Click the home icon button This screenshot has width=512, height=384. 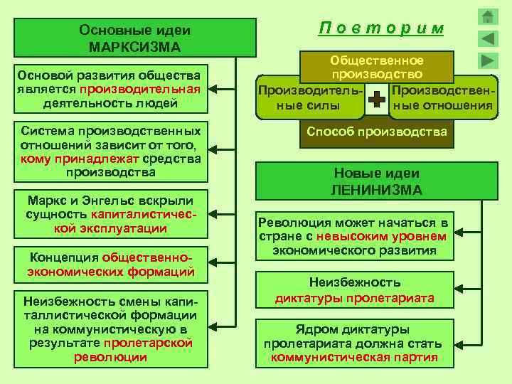489,17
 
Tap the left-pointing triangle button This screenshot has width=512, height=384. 489,38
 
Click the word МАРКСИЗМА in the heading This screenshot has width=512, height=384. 135,47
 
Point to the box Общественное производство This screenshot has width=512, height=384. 377,67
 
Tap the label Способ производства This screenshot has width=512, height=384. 377,132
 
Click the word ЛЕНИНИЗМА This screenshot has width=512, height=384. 377,190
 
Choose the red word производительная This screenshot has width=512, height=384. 140,90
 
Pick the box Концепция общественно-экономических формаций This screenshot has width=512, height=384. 110,264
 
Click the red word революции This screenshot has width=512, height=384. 110,357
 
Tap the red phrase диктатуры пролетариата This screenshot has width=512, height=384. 354,298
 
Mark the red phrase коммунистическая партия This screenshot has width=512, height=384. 354,357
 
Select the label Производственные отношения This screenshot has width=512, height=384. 442,99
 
